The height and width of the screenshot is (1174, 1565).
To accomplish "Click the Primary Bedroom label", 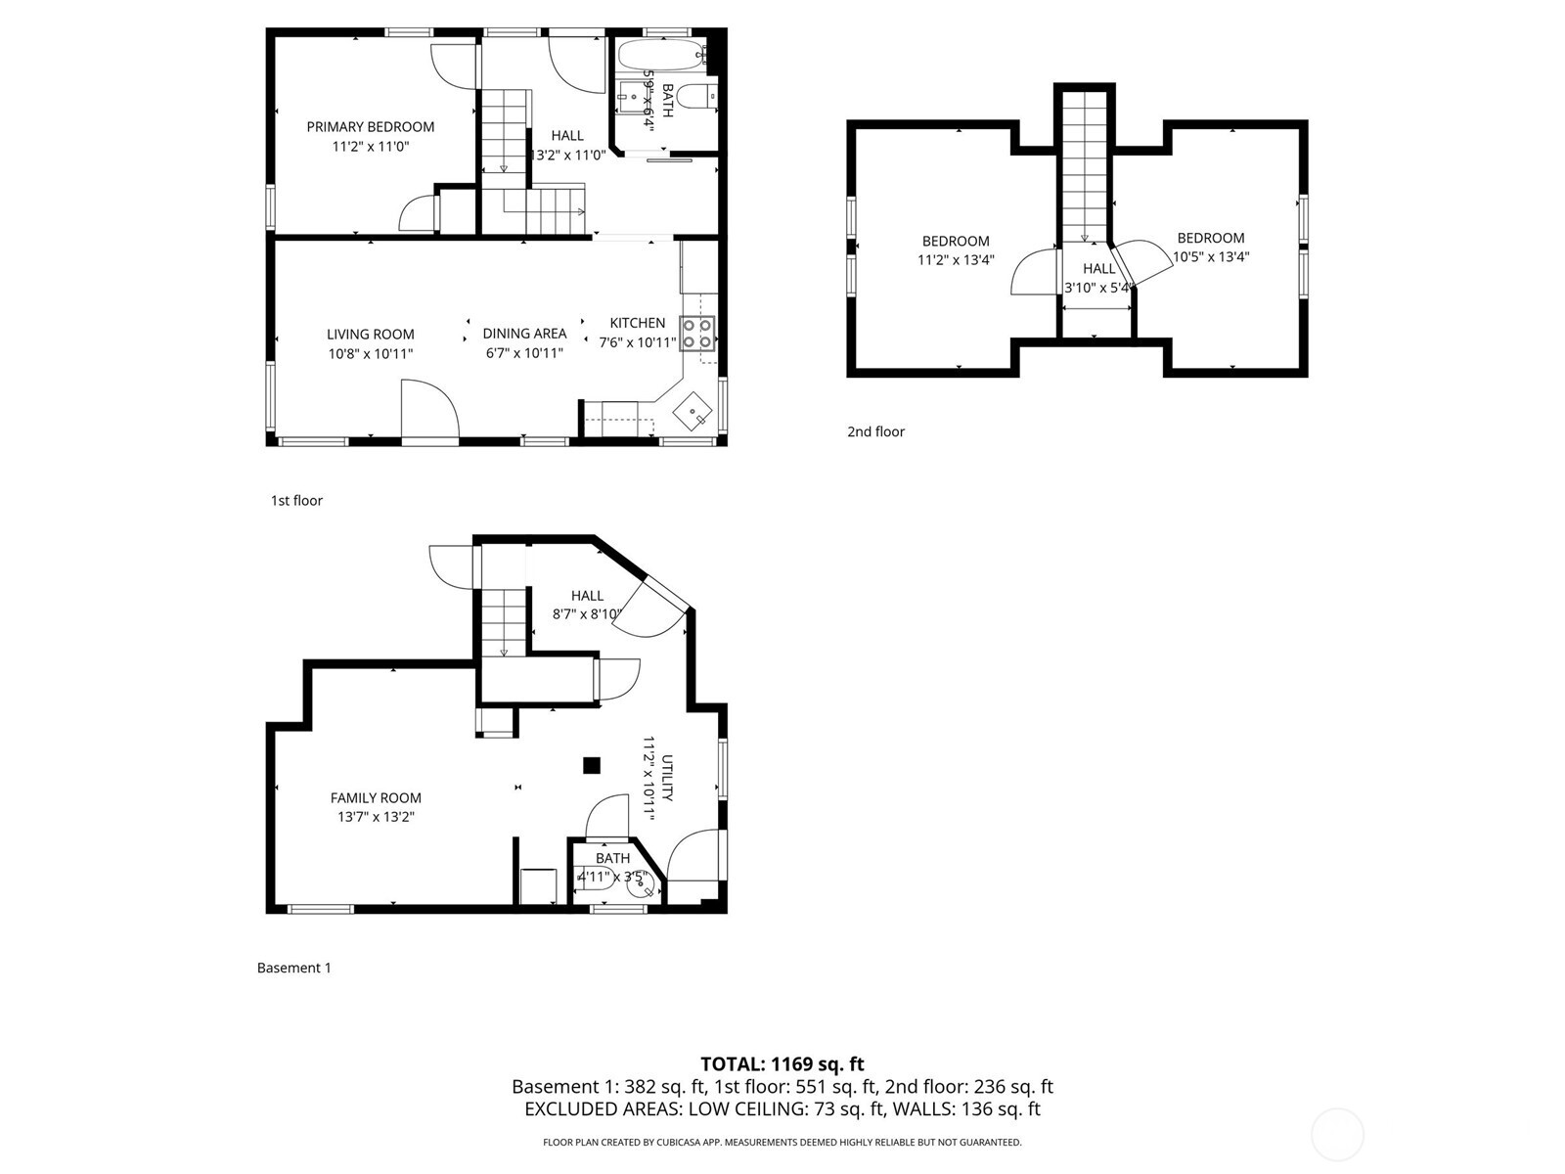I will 370,127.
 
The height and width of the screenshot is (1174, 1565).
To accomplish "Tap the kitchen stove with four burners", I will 697,333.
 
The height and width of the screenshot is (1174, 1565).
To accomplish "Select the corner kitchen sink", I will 693,409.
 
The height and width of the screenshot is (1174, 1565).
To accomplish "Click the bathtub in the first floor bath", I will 659,54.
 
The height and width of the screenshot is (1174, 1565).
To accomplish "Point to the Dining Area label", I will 524,334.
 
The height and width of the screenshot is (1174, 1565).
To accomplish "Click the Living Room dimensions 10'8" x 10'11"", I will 370,353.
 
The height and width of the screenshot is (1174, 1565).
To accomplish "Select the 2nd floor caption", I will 875,431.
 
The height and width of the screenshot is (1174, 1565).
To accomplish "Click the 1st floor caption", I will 296,500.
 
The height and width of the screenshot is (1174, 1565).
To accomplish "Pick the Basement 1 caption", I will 293,968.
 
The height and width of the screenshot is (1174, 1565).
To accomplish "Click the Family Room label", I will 376,797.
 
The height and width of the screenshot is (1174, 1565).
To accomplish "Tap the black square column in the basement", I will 591,765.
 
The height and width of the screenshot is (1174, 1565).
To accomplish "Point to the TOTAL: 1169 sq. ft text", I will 782,1063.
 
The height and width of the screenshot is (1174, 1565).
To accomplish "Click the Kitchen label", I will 637,323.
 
